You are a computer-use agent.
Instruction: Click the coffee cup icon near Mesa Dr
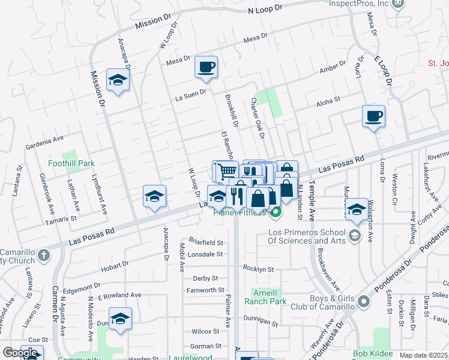coord(206,68)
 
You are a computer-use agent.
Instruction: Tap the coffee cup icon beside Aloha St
coord(373,116)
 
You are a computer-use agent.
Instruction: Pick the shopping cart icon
coord(226,172)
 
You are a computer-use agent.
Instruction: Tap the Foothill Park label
coord(71,163)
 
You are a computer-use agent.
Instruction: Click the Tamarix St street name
coord(61,220)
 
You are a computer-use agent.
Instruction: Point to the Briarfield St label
coord(206,243)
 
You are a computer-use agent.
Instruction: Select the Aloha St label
coord(328,101)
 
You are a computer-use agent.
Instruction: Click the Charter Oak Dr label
coord(258,117)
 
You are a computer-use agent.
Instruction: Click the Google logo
coord(20,353)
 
